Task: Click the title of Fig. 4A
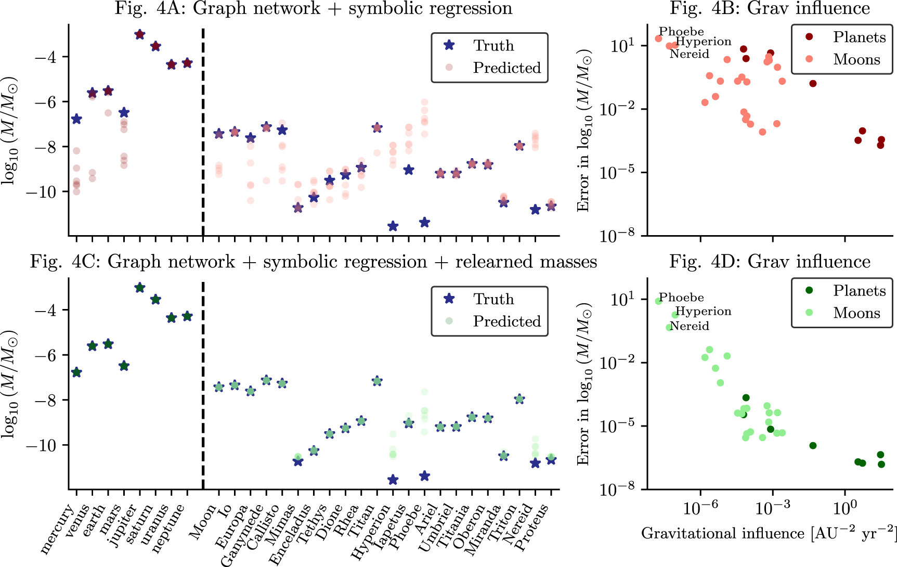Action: [x=313, y=8]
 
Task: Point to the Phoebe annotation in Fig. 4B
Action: [x=681, y=32]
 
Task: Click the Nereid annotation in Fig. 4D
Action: [x=690, y=326]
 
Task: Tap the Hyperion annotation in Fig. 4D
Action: [x=703, y=311]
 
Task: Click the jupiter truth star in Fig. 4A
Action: [x=139, y=34]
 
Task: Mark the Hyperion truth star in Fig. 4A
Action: [x=393, y=226]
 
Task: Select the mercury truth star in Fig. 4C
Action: [x=76, y=372]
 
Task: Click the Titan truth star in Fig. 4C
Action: [x=377, y=381]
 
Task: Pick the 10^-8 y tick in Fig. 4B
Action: [x=617, y=236]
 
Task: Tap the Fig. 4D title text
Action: [x=770, y=262]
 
